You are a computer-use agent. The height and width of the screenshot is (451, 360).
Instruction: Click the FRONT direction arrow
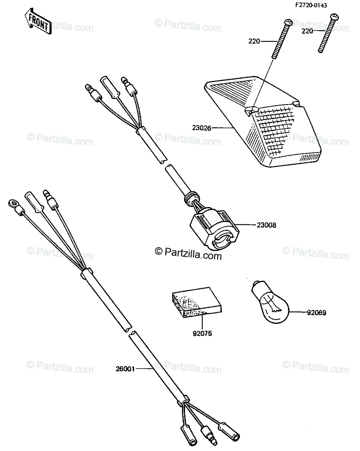38,21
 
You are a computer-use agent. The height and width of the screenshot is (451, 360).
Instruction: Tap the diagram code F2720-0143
311,5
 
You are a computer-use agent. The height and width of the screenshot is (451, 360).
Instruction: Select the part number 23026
202,128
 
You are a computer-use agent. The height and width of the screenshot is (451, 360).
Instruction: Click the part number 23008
266,225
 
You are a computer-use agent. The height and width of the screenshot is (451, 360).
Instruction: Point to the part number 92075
202,333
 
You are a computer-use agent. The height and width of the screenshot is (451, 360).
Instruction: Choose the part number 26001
125,369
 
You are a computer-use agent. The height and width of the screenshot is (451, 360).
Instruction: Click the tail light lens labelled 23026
263,121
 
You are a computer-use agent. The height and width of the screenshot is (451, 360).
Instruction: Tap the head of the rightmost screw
334,17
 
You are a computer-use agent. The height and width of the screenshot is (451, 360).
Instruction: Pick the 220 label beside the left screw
254,41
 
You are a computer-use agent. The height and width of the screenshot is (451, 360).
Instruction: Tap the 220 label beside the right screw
307,31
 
